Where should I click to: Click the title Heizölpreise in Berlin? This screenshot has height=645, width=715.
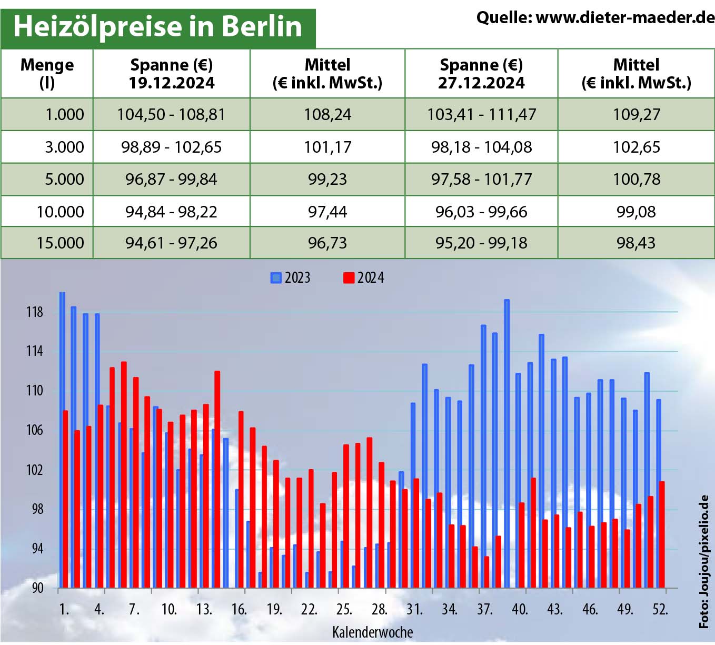coord(157,26)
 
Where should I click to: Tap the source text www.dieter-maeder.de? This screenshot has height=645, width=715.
coord(595,18)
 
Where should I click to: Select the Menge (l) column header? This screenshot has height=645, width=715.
coord(47,74)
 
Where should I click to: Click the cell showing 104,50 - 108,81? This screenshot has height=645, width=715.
coord(171,115)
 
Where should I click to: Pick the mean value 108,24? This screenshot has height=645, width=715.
coord(327,115)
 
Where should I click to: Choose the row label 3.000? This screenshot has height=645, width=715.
coord(64,147)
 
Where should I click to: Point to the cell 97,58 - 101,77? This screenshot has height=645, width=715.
coord(481,180)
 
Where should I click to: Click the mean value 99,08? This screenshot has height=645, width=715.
coord(636,212)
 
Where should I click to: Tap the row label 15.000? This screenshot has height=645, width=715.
coord(60,243)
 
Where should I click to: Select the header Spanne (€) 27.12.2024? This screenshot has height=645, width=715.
coord(481,74)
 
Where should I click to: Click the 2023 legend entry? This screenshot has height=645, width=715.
coord(291,278)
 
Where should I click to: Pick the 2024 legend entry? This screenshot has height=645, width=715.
coord(364,278)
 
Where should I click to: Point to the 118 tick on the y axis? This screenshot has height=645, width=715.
coord(34,312)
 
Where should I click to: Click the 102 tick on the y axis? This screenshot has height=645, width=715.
coord(34,470)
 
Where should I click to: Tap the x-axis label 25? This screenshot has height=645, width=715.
coord(344,610)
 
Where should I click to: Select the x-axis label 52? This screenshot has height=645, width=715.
coord(660,610)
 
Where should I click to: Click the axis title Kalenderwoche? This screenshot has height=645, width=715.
coord(372,632)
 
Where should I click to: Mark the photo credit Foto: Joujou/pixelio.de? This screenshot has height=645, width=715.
coord(704,561)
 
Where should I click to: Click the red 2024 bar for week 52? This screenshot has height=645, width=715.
coord(662,534)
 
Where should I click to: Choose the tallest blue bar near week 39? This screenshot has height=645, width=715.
coord(507,442)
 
